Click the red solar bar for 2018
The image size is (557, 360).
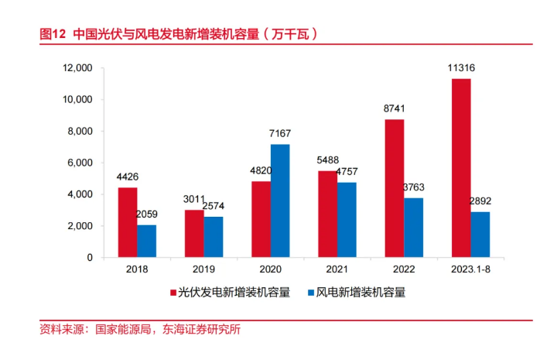point(128,222)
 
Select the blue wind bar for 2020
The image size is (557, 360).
point(280,201)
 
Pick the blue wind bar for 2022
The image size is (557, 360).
point(414,228)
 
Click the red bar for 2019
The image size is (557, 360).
point(194,233)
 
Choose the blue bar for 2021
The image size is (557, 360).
point(347,220)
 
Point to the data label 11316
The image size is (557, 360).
point(461,69)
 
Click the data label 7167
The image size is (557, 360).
point(280,135)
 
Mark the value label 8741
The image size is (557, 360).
point(395,110)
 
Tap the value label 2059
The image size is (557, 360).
point(147,214)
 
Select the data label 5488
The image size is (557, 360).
point(326,161)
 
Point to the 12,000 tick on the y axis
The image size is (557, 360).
point(77,68)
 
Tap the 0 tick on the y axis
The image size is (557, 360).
point(90,257)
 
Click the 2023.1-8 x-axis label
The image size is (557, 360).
point(470,270)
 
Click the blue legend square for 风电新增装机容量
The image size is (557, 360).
point(310,293)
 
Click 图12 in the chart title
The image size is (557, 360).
point(52,34)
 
